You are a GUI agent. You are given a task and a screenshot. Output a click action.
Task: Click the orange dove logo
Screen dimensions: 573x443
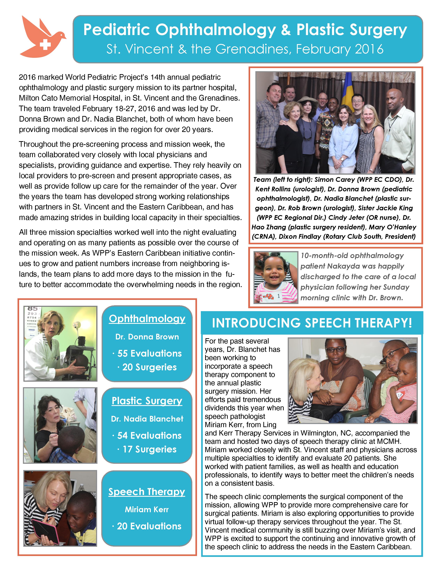pyautogui.click(x=42, y=37)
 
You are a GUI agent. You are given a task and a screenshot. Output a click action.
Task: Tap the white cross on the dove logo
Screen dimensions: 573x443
pyautogui.click(x=45, y=45)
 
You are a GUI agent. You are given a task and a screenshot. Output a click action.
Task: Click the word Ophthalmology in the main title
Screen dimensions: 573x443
pyautogui.click(x=215, y=30)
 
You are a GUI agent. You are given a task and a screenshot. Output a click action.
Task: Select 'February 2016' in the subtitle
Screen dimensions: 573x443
pyautogui.click(x=340, y=49)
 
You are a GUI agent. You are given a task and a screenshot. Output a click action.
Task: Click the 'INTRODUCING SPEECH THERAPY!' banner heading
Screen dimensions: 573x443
pyautogui.click(x=312, y=323)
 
